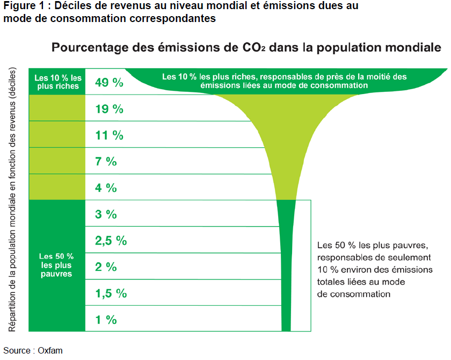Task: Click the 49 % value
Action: pos(109,82)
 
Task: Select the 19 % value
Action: pos(109,109)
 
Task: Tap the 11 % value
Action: pos(109,135)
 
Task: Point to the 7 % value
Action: pos(106,161)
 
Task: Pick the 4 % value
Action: pos(106,188)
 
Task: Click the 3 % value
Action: pos(106,214)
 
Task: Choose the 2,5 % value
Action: pos(111,240)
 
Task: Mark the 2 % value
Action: pos(106,267)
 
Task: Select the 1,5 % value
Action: pos(111,293)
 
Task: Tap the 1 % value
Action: pos(106,319)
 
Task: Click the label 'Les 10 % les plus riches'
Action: pos(58,82)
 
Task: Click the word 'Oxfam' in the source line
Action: pos(50,350)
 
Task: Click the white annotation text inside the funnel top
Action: pos(284,81)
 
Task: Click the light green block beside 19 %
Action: pos(58,108)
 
